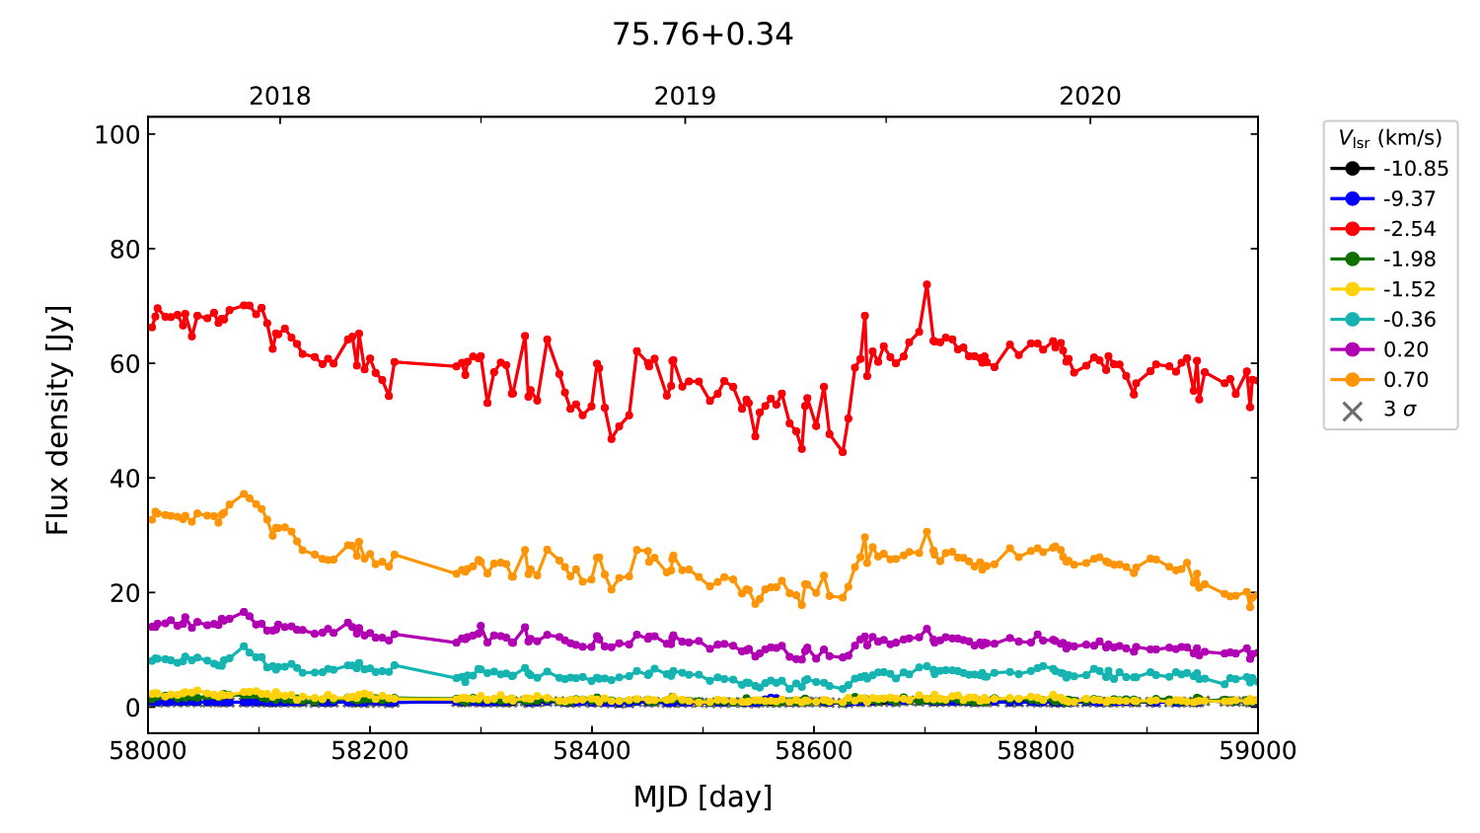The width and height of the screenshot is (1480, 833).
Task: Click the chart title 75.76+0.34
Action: (703, 35)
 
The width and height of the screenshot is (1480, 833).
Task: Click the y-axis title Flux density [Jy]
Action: (58, 420)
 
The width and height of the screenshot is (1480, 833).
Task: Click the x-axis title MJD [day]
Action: (703, 796)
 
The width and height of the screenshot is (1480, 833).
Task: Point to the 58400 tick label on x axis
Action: (592, 751)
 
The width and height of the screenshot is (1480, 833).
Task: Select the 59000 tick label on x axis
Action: (1257, 751)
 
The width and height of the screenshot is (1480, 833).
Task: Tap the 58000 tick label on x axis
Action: (148, 751)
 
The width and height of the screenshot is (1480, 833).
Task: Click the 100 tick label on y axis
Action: (117, 135)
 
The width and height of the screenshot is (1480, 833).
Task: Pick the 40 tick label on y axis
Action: (124, 479)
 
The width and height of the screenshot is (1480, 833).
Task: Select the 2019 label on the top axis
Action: (685, 97)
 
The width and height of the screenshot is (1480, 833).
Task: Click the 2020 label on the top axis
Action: (1090, 97)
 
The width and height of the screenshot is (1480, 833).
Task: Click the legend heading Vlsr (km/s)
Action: (1389, 138)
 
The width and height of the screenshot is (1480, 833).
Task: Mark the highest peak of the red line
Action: (926, 284)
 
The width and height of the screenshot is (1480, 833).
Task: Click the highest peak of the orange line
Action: (244, 494)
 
